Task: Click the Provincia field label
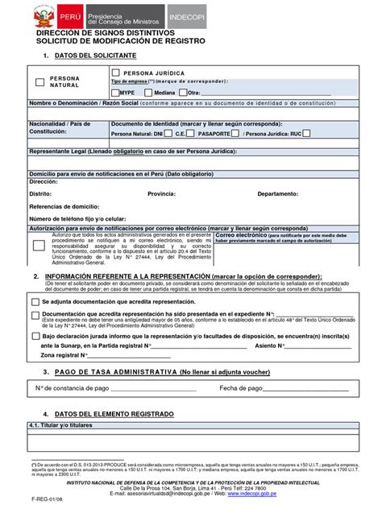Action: click(164, 194)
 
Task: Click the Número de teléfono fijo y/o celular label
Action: click(77, 218)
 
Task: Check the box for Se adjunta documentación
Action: click(35, 301)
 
